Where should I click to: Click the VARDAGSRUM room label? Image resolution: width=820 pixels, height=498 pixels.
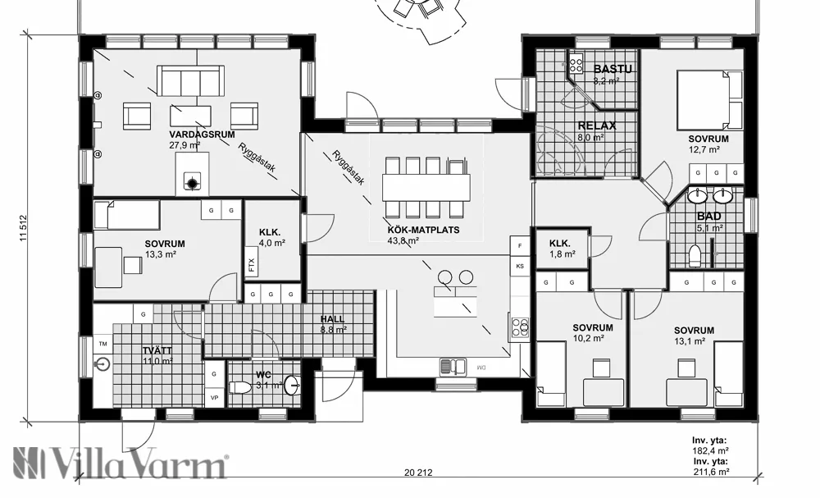pyautogui.click(x=194, y=134)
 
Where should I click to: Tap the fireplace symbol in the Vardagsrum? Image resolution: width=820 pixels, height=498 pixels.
pyautogui.click(x=194, y=183)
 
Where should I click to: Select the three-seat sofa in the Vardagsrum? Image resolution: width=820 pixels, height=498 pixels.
pyautogui.click(x=189, y=83)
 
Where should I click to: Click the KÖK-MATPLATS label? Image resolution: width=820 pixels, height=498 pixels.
pyautogui.click(x=424, y=230)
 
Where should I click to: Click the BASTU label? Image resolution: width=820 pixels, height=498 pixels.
pyautogui.click(x=612, y=69)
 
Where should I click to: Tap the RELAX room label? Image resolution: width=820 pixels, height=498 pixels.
pyautogui.click(x=597, y=126)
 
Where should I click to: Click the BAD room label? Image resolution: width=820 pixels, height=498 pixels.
pyautogui.click(x=710, y=217)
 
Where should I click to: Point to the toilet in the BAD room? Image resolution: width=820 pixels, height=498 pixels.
pyautogui.click(x=696, y=256)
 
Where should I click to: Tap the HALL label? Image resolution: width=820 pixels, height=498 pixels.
pyautogui.click(x=334, y=319)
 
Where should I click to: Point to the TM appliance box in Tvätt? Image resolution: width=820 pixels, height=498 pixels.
pyautogui.click(x=102, y=345)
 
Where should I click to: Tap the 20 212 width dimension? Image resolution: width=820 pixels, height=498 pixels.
pyautogui.click(x=418, y=472)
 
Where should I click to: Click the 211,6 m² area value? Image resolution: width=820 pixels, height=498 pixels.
pyautogui.click(x=710, y=472)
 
